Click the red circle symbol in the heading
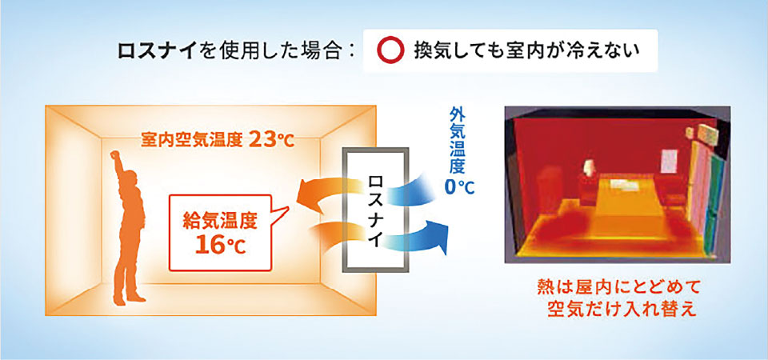coord(390,50)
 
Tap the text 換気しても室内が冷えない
coord(526,50)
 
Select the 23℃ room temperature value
coord(271,140)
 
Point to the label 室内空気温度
coord(191,141)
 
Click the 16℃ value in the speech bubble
coord(220,245)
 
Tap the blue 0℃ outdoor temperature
coord(459,187)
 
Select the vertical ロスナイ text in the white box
coord(374,211)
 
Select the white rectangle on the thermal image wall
coord(669,161)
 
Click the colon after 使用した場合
coord(349,51)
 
